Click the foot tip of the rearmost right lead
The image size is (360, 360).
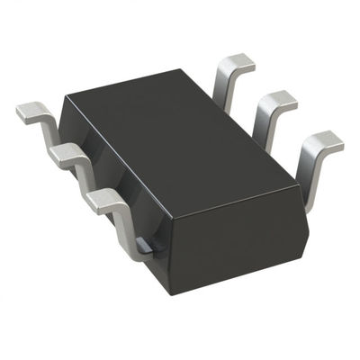pyautogui.click(x=237, y=61)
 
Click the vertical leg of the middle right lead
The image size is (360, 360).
pyautogui.click(x=263, y=126)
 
